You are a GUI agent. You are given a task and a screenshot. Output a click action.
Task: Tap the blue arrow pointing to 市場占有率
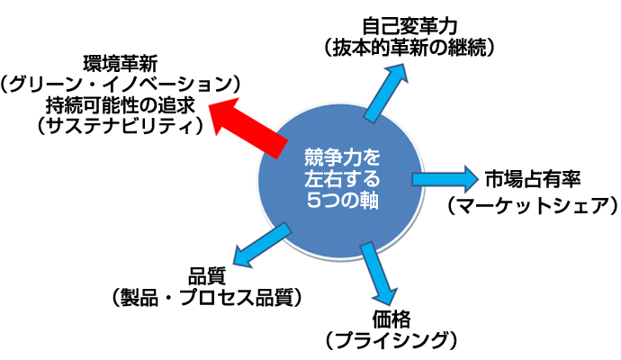(446, 176)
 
